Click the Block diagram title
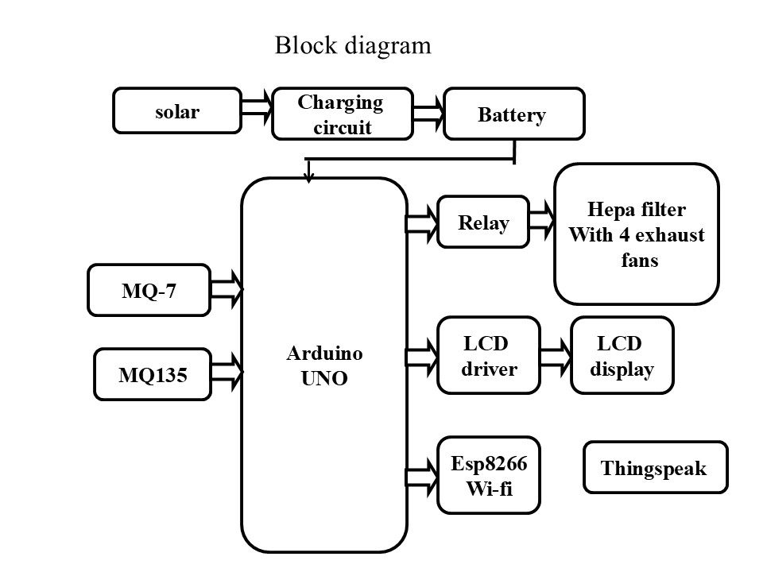(353, 45)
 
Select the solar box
(177, 110)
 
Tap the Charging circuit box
(343, 114)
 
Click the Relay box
(483, 222)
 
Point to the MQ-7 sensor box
(149, 291)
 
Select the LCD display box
(622, 356)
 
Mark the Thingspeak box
(655, 468)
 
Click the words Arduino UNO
(324, 365)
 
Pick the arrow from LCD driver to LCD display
(556, 355)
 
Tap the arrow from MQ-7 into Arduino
(227, 291)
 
